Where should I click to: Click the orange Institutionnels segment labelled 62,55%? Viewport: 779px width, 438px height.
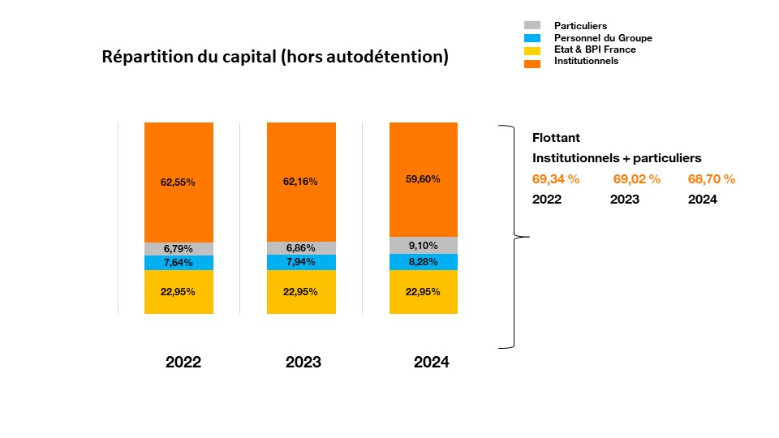coord(179,182)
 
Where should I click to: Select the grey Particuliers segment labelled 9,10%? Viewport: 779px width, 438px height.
coord(424,245)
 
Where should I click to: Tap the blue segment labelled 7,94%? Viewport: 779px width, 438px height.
coord(301,262)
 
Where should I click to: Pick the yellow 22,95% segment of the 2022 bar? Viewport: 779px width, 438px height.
coord(179,292)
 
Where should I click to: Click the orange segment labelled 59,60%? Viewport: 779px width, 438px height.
coord(424,179)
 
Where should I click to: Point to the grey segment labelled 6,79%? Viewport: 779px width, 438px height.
coord(179,249)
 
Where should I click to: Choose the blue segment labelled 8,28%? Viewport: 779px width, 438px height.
coord(424,262)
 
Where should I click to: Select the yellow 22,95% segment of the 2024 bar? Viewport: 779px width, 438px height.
coord(424,292)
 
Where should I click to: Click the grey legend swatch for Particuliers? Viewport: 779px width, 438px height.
coord(532,26)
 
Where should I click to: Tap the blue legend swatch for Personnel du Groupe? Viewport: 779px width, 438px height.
coord(532,38)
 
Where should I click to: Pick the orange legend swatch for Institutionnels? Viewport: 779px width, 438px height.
coord(532,61)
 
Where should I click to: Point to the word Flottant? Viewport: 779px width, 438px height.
coord(556,137)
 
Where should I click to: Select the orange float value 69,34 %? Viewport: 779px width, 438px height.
coord(556,179)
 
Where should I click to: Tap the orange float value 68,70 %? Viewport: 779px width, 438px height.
coord(711,179)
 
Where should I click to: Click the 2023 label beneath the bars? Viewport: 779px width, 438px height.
coord(303,363)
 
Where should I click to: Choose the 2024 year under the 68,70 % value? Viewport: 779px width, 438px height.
coord(702,200)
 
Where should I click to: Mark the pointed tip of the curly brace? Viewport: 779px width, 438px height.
coord(528,237)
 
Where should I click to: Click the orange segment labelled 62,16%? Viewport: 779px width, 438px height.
coord(301,182)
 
